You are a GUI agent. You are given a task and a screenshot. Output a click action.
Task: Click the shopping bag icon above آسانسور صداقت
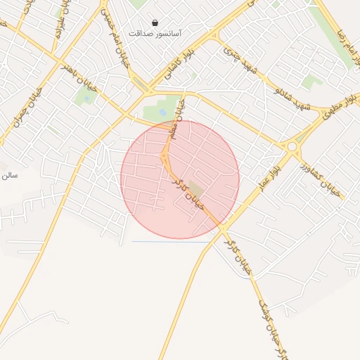click(155, 23)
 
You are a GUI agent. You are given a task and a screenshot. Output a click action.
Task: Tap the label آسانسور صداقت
click(155, 33)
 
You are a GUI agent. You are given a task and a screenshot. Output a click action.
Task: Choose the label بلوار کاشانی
click(178, 60)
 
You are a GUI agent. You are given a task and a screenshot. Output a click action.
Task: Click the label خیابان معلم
click(175, 126)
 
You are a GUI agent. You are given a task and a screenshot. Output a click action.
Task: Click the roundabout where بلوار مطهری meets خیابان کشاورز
click(292, 146)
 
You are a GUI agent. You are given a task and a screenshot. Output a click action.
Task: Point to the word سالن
click(8, 173)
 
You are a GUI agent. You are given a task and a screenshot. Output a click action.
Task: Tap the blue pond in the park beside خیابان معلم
click(162, 112)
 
